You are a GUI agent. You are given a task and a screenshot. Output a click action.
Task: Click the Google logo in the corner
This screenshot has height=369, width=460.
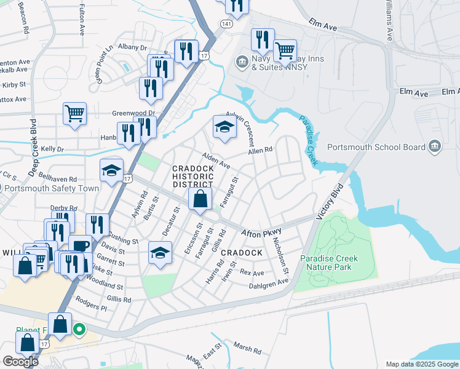[x=20, y=362]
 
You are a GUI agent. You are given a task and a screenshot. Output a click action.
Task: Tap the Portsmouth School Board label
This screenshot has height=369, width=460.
[x=376, y=147]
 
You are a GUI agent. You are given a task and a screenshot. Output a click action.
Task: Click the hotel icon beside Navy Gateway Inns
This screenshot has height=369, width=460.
[x=240, y=61]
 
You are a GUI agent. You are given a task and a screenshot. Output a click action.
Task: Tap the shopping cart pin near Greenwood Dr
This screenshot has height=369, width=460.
[x=74, y=113]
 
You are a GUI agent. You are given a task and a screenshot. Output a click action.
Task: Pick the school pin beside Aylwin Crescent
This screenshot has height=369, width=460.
[x=224, y=127]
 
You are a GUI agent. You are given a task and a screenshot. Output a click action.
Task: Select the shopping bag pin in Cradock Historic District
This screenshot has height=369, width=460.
[x=200, y=199]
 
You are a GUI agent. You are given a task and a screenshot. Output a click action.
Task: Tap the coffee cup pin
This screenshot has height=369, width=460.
[x=80, y=245]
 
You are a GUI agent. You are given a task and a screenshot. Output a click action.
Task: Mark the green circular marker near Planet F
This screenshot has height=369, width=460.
[x=79, y=330]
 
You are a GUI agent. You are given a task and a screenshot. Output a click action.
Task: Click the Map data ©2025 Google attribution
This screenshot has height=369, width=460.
[x=422, y=364]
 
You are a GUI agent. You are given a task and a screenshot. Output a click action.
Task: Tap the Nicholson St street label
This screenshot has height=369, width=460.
[x=280, y=256]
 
